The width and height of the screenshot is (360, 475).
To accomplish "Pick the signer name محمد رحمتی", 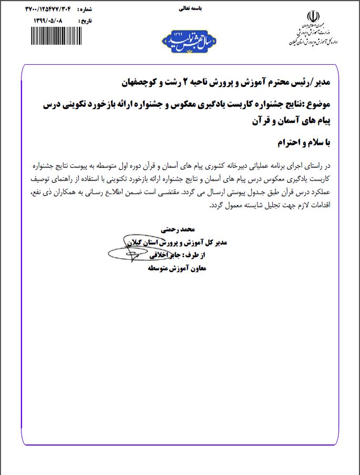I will click(180, 230).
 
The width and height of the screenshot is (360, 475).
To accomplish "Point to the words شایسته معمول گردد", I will click(233, 206).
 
